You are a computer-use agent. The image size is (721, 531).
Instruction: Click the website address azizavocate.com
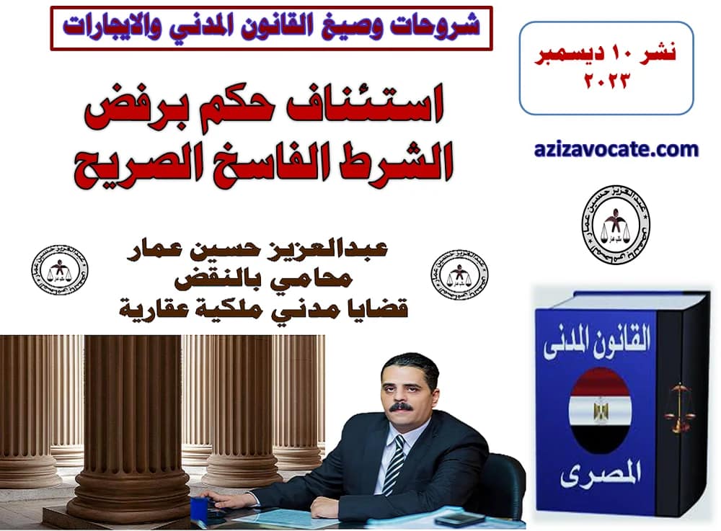point(616,150)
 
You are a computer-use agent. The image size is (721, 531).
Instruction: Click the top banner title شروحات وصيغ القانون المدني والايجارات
point(271,27)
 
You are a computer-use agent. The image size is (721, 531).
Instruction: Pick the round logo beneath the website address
point(615,223)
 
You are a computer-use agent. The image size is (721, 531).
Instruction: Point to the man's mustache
point(401,407)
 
